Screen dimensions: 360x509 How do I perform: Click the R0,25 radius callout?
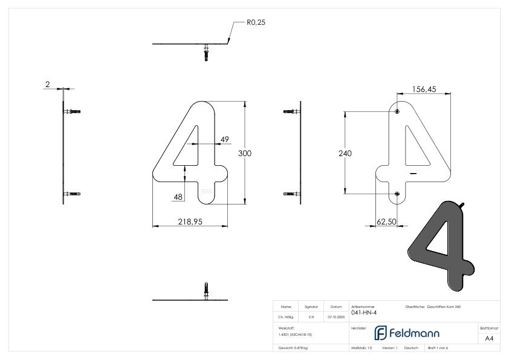[x=256, y=22]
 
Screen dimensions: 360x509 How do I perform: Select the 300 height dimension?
[x=244, y=154]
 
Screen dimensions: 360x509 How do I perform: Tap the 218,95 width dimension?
[x=190, y=222]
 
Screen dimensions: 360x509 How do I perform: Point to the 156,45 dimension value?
[x=424, y=89]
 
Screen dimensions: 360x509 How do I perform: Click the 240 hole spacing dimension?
[x=345, y=154]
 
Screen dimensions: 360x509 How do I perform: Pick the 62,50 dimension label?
[x=386, y=222]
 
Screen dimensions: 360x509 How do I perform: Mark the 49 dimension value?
[x=224, y=140]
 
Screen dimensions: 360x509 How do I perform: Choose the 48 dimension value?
[x=178, y=197]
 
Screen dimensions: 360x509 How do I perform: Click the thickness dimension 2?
[x=47, y=85]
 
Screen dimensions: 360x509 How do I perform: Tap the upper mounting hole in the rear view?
[x=397, y=113]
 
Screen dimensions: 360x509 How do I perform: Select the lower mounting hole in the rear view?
[x=397, y=194]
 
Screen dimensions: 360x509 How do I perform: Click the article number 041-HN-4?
[x=363, y=313]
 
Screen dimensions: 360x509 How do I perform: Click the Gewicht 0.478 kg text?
[x=293, y=349]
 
